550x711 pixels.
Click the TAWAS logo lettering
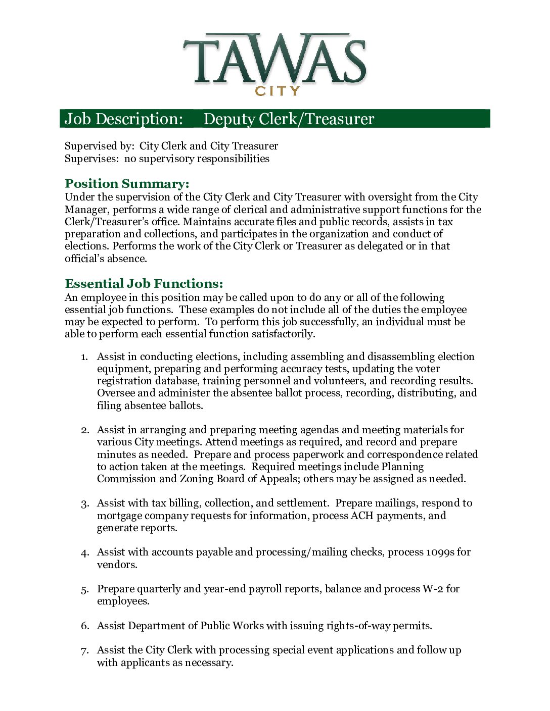pyautogui.click(x=274, y=60)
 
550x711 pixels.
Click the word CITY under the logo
pyautogui.click(x=278, y=91)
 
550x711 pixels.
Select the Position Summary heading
pyautogui.click(x=127, y=184)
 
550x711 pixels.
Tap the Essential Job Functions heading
pyautogui.click(x=144, y=284)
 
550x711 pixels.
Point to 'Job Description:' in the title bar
pyautogui.click(x=123, y=119)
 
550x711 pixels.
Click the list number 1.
pyautogui.click(x=84, y=358)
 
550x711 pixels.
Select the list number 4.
pyautogui.click(x=84, y=553)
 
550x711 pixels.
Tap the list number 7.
pyautogui.click(x=84, y=651)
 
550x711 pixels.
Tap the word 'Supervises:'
pyautogui.click(x=92, y=159)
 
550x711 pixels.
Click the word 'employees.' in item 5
pyautogui.click(x=123, y=601)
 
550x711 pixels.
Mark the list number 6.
pyautogui.click(x=84, y=627)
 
